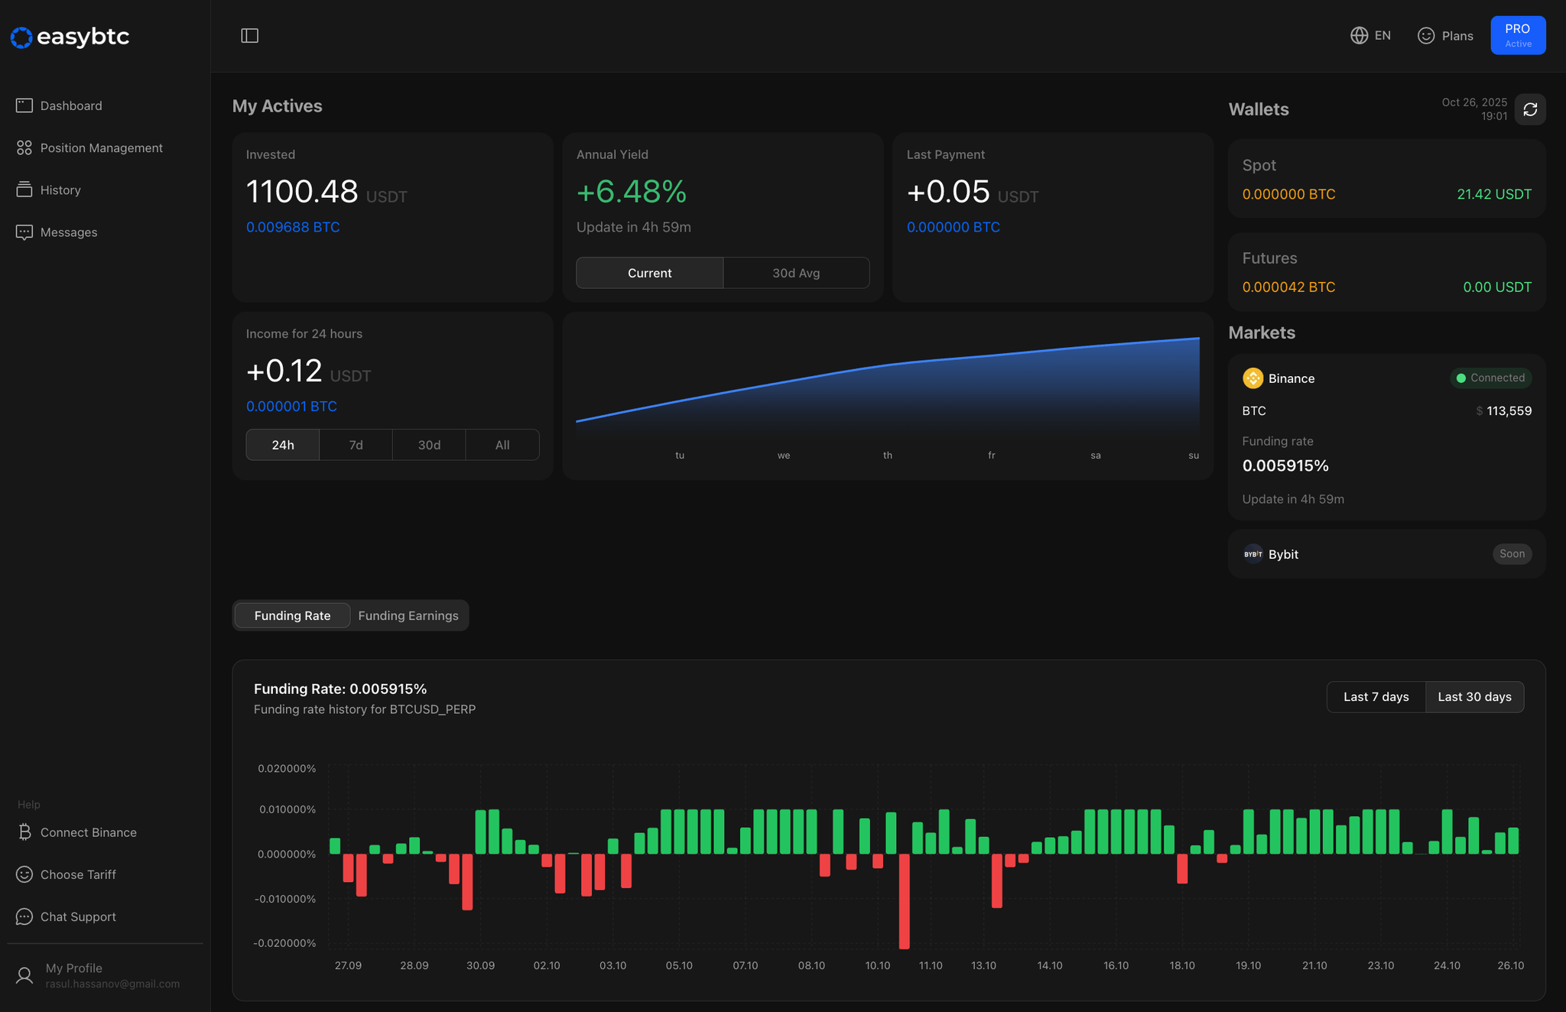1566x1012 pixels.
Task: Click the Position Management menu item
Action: point(101,148)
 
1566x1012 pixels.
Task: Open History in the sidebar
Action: point(60,190)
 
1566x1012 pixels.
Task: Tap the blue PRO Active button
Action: point(1517,35)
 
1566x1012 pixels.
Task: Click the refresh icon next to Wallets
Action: point(1530,109)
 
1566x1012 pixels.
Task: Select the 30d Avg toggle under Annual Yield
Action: point(795,273)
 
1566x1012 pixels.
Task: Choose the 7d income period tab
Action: point(356,445)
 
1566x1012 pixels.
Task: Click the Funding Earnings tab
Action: point(408,615)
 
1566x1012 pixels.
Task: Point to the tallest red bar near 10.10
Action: point(904,902)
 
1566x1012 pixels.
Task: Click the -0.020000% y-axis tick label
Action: point(284,942)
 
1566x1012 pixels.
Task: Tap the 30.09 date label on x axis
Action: point(480,965)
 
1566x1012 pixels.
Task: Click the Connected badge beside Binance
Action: point(1490,378)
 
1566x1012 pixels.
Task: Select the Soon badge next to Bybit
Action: point(1512,553)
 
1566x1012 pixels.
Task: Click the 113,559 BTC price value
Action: point(1508,410)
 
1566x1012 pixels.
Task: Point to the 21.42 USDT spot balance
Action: point(1493,194)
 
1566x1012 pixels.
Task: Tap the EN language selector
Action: point(1371,35)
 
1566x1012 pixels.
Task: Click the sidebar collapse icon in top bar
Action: point(249,35)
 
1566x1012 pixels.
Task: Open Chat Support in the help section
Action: point(77,916)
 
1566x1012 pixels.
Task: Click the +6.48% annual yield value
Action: point(631,191)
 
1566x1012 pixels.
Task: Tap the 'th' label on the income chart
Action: point(887,455)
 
